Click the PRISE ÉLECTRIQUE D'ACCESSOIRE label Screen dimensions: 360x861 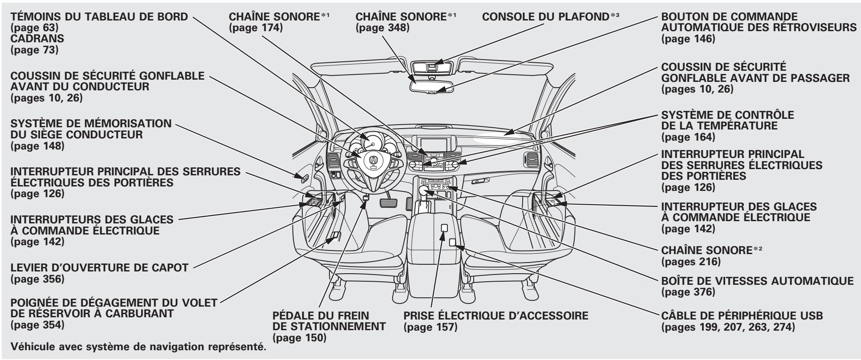click(x=495, y=317)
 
